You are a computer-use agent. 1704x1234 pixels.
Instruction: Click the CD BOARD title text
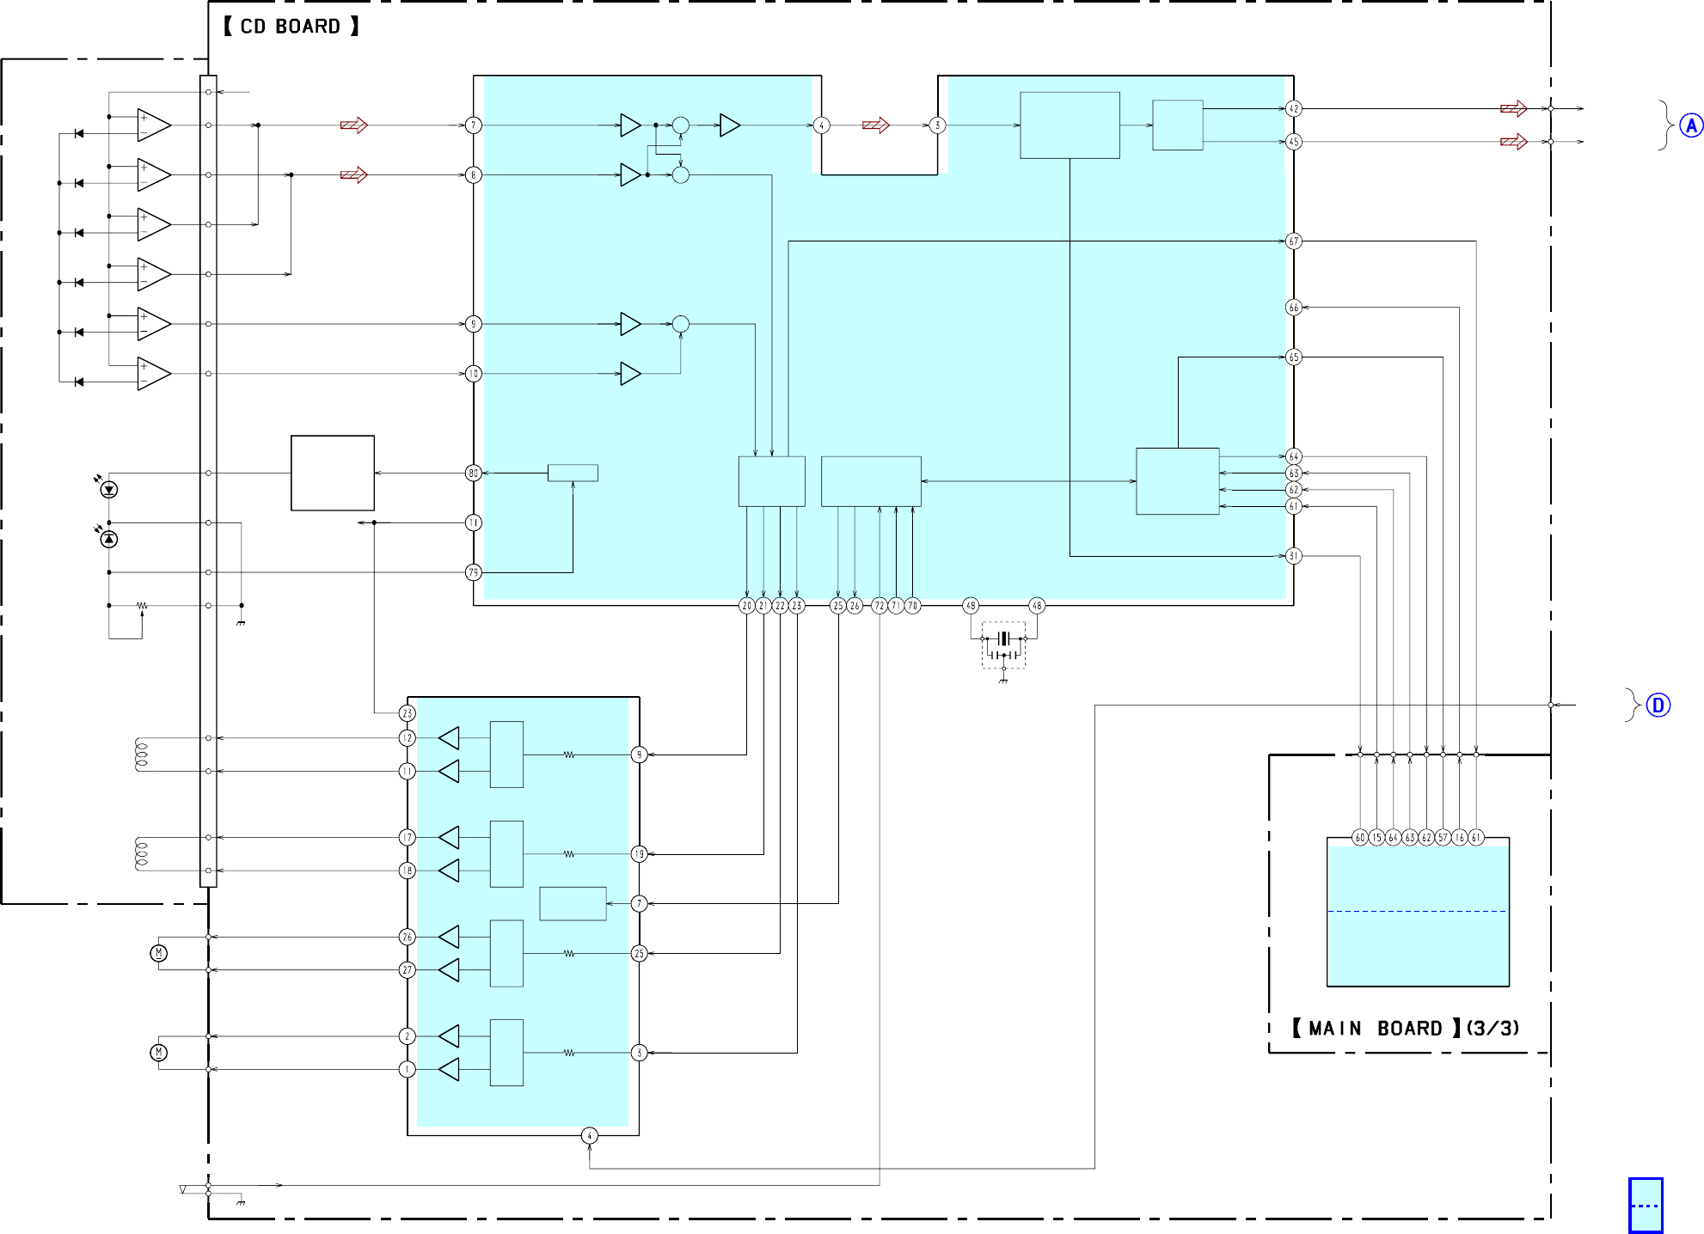click(x=291, y=27)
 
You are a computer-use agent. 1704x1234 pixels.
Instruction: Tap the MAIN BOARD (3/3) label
click(x=1406, y=1028)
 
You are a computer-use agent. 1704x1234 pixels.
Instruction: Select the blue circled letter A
click(x=1691, y=126)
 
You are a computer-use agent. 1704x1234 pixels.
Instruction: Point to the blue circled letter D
click(x=1658, y=706)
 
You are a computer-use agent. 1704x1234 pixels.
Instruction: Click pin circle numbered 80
click(x=473, y=473)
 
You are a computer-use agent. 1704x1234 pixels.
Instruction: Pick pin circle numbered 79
click(x=473, y=572)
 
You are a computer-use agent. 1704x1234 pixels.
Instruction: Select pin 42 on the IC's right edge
click(x=1294, y=109)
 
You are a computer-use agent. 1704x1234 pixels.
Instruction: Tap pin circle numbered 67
click(x=1294, y=241)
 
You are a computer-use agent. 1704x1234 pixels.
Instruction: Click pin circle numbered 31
click(x=1294, y=556)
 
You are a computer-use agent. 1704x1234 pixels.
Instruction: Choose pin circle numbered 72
click(x=879, y=606)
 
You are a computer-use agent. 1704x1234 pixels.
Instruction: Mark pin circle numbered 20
click(x=746, y=606)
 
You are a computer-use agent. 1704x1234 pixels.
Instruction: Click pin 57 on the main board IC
click(x=1443, y=837)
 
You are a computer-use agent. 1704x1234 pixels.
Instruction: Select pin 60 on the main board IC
click(x=1359, y=837)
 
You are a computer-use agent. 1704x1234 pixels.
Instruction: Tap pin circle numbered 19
click(x=639, y=854)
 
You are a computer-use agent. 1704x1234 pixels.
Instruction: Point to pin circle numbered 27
click(x=408, y=970)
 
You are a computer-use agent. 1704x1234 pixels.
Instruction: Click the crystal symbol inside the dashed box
click(x=1003, y=638)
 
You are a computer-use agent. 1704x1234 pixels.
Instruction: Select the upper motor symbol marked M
click(x=159, y=953)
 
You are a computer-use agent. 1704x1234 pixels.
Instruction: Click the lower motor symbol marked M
click(x=159, y=1053)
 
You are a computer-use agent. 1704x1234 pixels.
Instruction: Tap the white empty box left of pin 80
click(x=333, y=473)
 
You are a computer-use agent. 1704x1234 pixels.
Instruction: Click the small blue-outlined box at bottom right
click(x=1646, y=1205)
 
